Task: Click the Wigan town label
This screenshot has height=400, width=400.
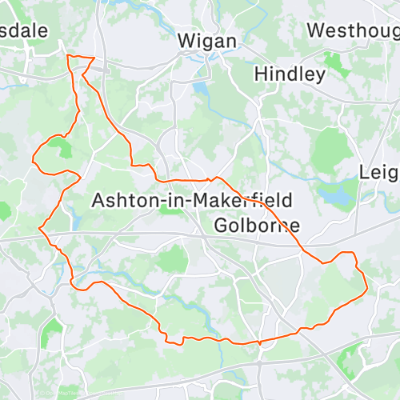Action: [x=206, y=40]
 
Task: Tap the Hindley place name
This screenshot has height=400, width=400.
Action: [x=290, y=74]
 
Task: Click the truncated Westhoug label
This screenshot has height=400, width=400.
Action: [x=353, y=30]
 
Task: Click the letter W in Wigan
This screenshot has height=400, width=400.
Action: [x=185, y=40]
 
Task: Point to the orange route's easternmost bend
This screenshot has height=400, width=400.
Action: [x=366, y=280]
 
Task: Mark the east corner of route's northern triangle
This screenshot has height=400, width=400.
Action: [x=94, y=58]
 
